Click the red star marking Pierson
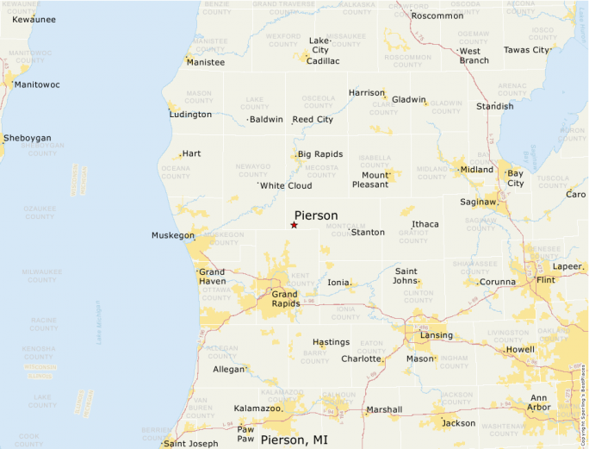[294, 225]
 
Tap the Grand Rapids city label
[285, 298]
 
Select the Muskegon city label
[173, 235]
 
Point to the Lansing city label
[437, 334]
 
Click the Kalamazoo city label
[257, 408]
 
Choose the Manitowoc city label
[37, 85]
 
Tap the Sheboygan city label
[28, 138]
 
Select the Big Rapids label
[320, 154]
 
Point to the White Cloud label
[286, 185]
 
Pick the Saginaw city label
[477, 202]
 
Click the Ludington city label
[190, 115]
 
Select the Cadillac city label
[323, 61]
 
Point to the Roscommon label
[438, 16]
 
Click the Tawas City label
[525, 50]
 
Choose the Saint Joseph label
[191, 444]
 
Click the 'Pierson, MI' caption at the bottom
[294, 440]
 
